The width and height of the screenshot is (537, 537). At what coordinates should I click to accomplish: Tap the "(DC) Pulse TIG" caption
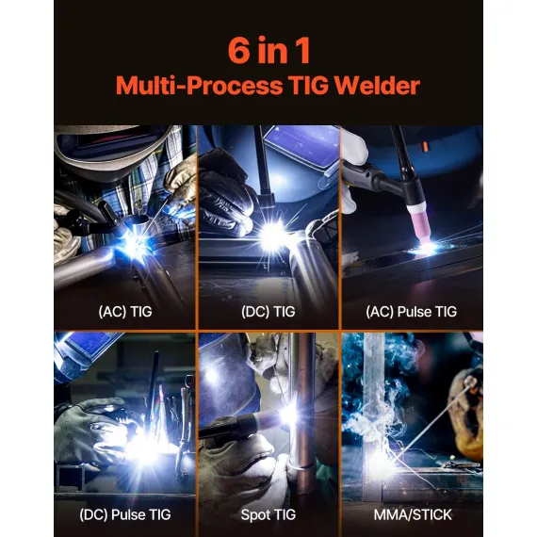pyautogui.click(x=124, y=515)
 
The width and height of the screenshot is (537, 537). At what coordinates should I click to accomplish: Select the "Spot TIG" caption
pyautogui.click(x=268, y=515)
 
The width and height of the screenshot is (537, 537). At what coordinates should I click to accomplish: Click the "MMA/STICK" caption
pyautogui.click(x=412, y=515)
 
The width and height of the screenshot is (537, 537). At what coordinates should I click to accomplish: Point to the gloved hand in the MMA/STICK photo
pyautogui.click(x=464, y=396)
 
